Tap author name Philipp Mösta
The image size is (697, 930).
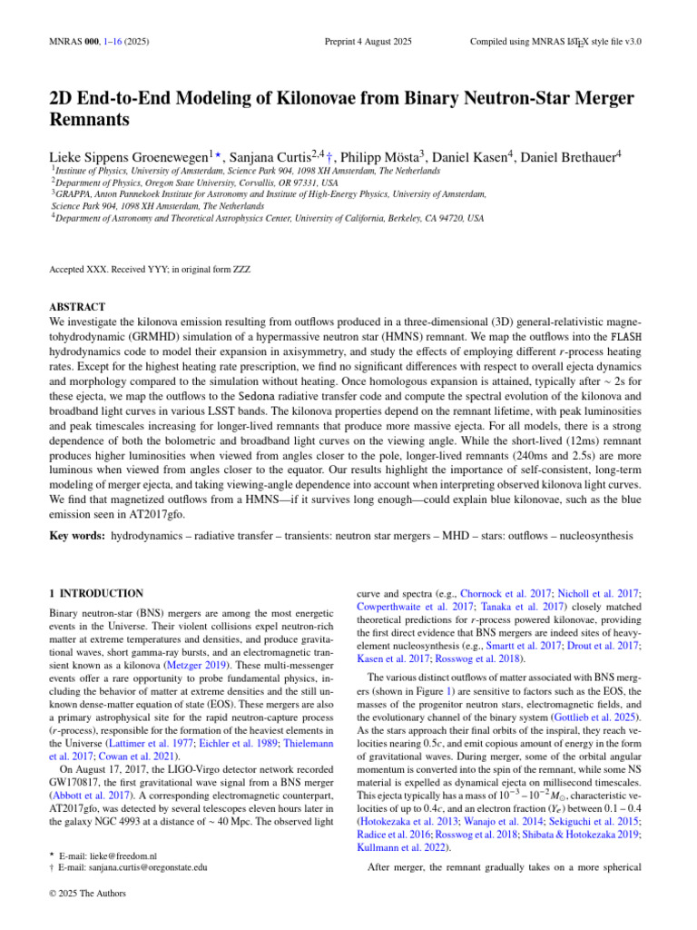coord(385,156)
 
